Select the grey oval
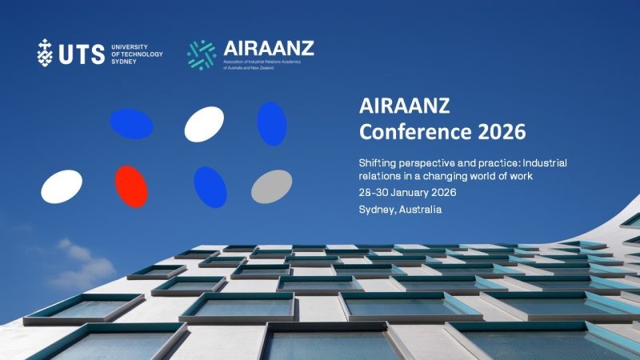click(272, 186)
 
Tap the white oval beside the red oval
click(62, 186)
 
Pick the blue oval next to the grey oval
click(210, 186)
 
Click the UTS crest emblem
click(46, 52)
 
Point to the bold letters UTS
click(81, 53)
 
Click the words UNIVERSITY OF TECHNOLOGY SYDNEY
click(137, 53)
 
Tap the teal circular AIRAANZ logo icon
click(202, 53)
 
